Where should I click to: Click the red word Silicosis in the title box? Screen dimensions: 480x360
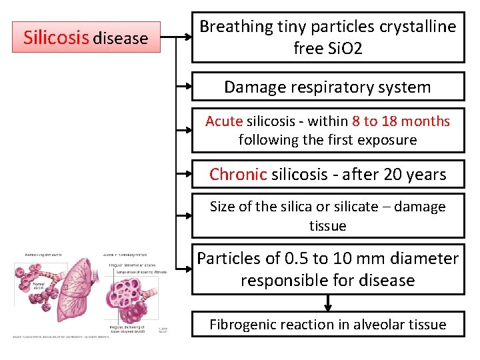coord(56,37)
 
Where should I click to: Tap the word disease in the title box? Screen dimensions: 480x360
coord(120,39)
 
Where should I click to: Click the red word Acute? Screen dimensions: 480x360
coord(224,121)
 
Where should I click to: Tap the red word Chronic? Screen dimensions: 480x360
coord(238,175)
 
